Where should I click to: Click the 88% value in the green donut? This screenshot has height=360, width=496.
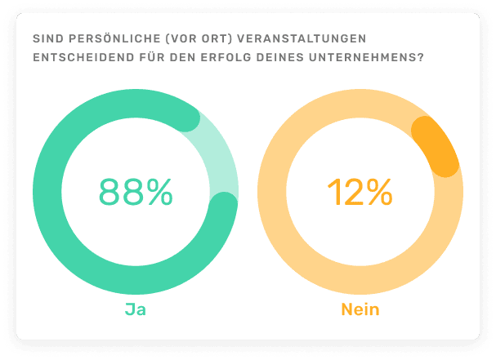[136, 192]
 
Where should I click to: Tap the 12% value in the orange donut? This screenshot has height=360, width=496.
[359, 192]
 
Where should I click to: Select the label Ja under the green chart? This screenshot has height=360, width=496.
[135, 310]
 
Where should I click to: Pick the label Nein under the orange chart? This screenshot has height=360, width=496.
[360, 310]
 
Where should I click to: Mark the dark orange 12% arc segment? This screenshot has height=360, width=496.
[436, 145]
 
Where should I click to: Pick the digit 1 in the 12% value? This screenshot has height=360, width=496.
[333, 192]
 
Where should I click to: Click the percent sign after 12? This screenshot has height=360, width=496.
[378, 192]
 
